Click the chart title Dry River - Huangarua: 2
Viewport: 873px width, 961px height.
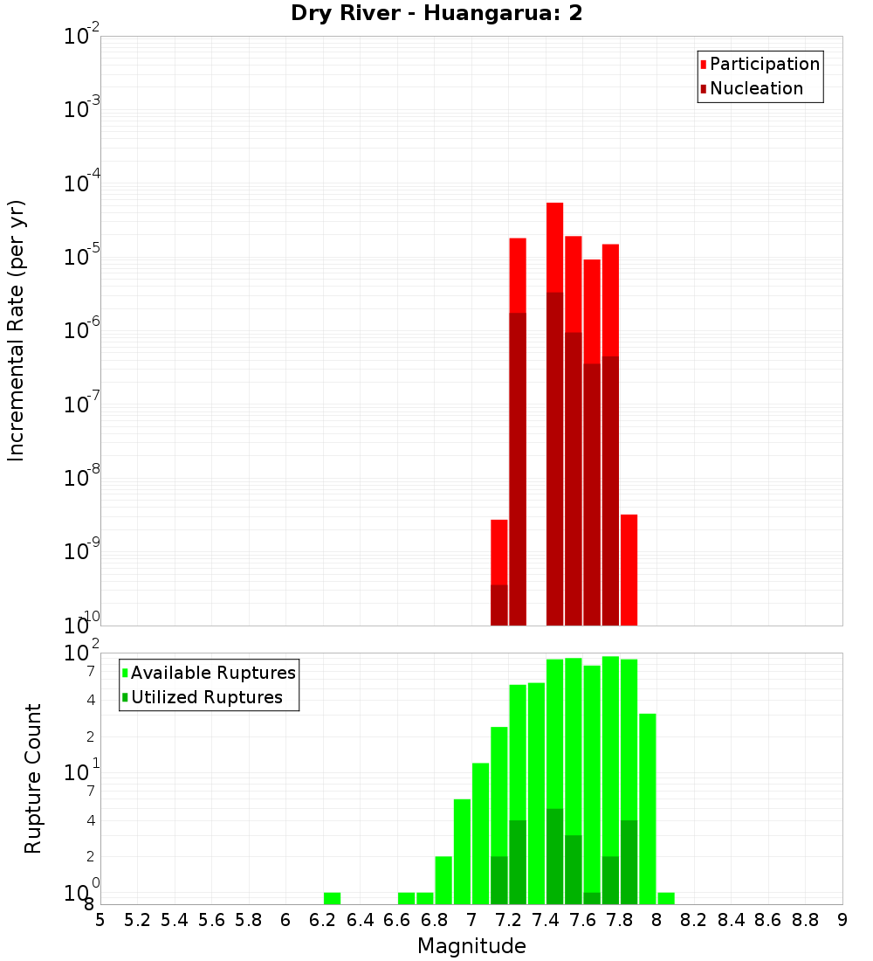click(x=436, y=14)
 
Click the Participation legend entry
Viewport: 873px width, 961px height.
click(x=764, y=64)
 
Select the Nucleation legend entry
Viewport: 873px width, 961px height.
click(x=756, y=88)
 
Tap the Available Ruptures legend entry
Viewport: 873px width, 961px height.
click(x=213, y=673)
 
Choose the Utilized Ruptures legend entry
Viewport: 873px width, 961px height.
click(x=206, y=697)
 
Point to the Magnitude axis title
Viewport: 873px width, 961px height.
click(x=471, y=945)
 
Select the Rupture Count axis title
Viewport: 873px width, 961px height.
click(x=33, y=778)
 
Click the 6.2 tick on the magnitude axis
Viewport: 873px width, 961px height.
click(x=323, y=920)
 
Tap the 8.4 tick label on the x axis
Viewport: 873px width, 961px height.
click(x=732, y=920)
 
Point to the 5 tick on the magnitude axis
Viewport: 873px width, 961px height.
click(x=100, y=920)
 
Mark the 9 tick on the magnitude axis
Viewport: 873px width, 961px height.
click(x=842, y=920)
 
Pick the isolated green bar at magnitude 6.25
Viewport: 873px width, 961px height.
click(x=332, y=898)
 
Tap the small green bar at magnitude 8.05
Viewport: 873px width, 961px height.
click(x=666, y=898)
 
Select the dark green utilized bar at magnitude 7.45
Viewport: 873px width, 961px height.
click(x=554, y=856)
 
